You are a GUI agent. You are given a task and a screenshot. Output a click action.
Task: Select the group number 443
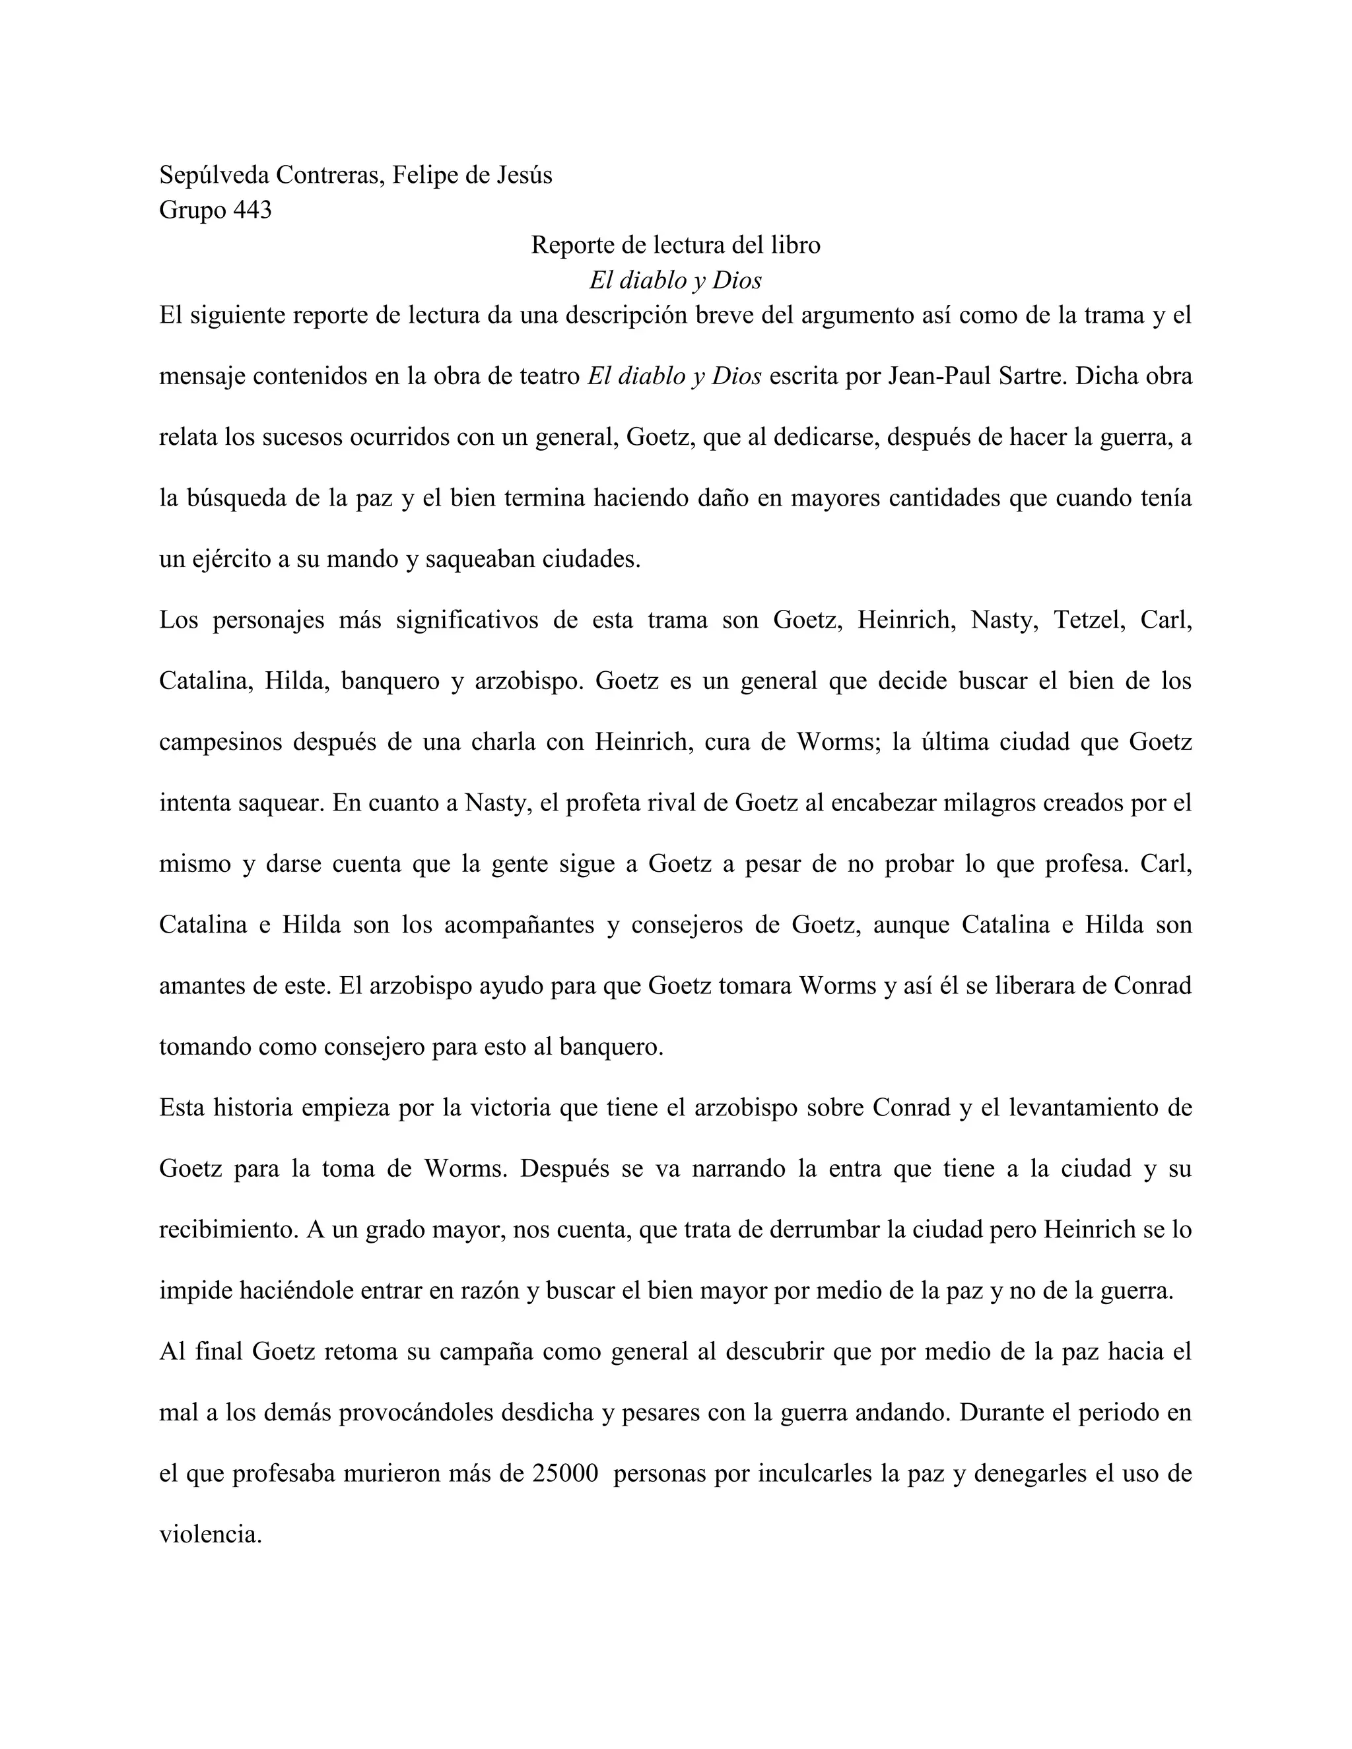point(252,211)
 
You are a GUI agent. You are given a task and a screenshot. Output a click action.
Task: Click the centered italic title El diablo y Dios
point(675,280)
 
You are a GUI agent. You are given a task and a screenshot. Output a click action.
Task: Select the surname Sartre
point(1033,376)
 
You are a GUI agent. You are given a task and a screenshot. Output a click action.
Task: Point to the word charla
point(503,742)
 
